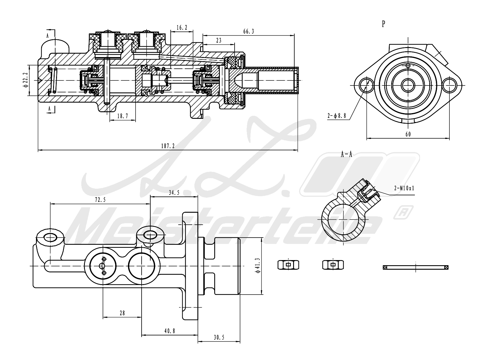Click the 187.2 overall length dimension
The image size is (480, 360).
click(x=168, y=146)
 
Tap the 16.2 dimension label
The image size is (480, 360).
click(x=182, y=28)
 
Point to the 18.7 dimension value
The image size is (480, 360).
click(x=122, y=116)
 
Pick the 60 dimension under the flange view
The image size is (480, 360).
click(x=408, y=134)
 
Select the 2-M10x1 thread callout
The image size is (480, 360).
click(x=404, y=188)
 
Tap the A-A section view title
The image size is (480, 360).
click(x=346, y=154)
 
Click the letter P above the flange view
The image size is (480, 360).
click(x=383, y=24)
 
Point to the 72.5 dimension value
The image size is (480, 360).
click(x=100, y=200)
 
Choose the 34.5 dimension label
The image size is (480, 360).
click(x=174, y=193)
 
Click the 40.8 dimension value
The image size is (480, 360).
click(x=169, y=331)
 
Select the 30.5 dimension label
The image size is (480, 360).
click(x=219, y=337)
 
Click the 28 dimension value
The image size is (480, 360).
click(x=122, y=313)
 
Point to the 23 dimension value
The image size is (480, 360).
click(x=219, y=40)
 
